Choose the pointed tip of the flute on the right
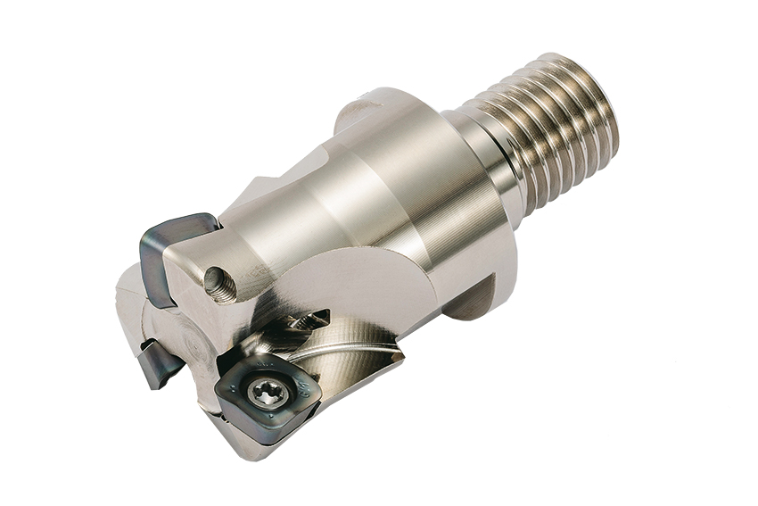click(400, 357)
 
